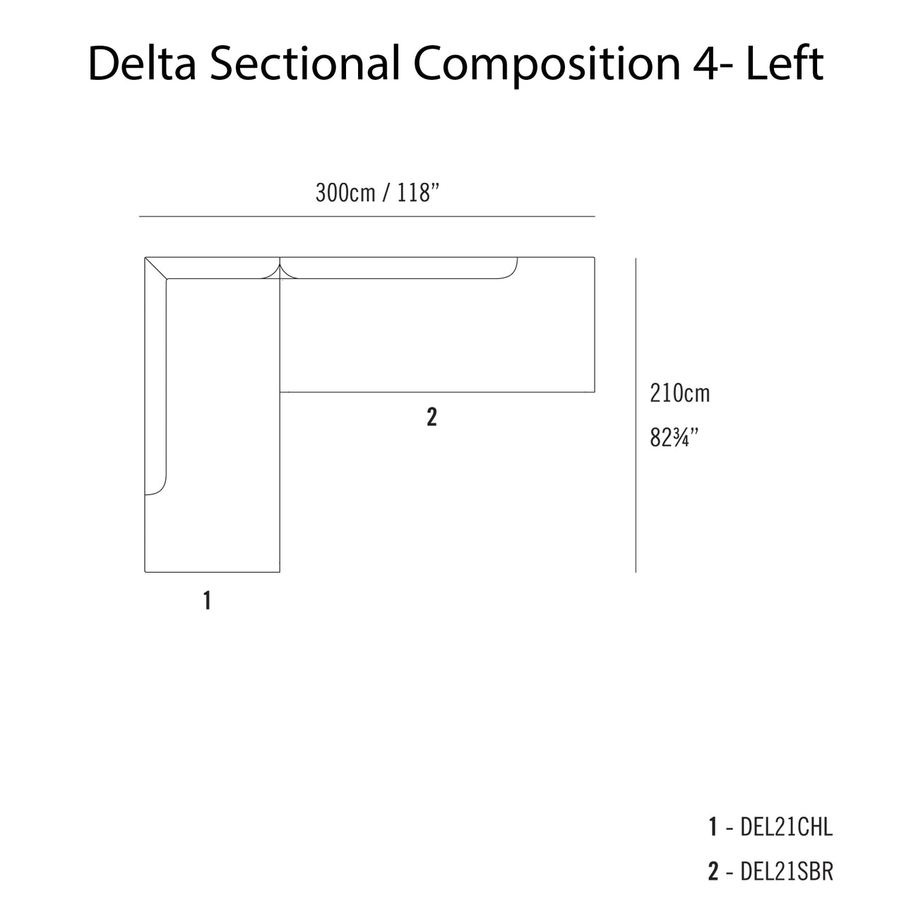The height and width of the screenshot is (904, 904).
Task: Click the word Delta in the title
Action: click(142, 64)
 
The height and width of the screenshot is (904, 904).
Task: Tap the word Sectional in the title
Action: click(304, 64)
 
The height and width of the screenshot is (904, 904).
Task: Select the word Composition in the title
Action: click(547, 66)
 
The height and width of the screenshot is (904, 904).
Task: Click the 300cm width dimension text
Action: click(346, 193)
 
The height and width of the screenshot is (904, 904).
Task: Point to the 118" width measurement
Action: click(418, 192)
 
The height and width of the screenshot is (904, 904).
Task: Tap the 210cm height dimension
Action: click(679, 393)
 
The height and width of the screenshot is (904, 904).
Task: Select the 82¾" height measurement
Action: click(674, 438)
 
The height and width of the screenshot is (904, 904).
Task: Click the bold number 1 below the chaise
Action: click(207, 600)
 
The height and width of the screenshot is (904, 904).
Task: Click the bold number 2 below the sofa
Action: click(432, 417)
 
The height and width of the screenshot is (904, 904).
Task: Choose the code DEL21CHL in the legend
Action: click(786, 827)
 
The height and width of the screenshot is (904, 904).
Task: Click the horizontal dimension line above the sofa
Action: click(367, 217)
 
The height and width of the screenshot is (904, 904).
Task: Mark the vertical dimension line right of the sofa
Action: click(636, 415)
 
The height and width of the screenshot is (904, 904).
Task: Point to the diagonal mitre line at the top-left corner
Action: click(156, 268)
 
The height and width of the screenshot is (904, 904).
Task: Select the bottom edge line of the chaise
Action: click(212, 572)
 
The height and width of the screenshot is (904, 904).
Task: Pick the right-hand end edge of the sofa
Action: click(595, 325)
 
